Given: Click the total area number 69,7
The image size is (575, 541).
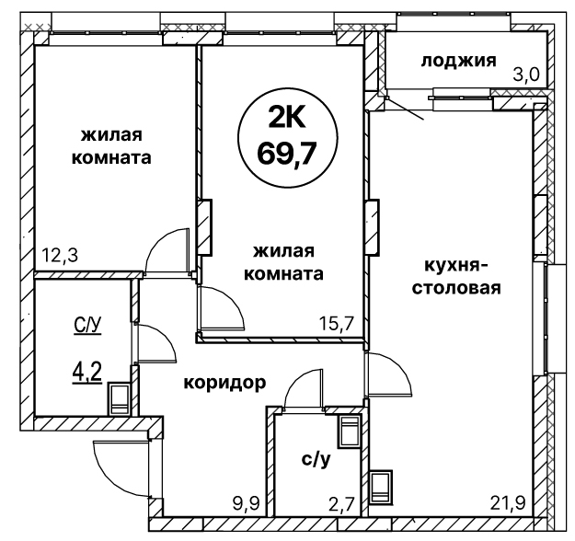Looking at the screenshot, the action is point(287,154).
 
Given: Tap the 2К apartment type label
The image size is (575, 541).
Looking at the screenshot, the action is point(287,118).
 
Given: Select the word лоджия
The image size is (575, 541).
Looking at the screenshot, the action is point(458,61).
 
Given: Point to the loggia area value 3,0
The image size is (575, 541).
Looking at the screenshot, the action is point(527,75).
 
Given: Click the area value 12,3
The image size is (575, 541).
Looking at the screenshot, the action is point(60,255).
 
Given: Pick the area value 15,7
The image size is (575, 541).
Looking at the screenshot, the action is point(336,323).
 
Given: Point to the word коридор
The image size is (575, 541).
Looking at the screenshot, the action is point(224,384).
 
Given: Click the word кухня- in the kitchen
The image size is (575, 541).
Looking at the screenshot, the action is point(452,265).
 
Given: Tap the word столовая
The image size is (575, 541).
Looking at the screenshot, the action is point(457,288).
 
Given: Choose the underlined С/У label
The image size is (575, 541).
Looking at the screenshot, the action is point(87,326).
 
